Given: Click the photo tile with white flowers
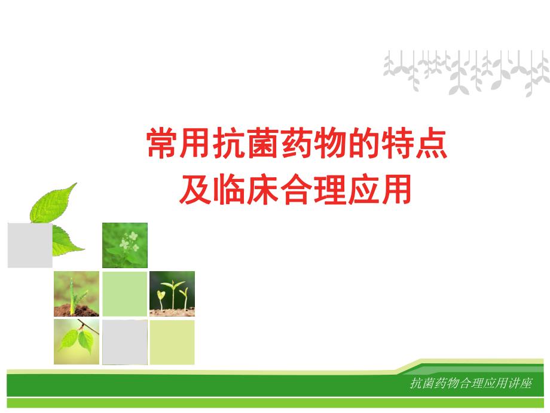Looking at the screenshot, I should pyautogui.click(x=124, y=245).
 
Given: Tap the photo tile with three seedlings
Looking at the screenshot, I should pyautogui.click(x=172, y=293).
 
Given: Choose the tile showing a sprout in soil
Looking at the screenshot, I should pyautogui.click(x=77, y=293).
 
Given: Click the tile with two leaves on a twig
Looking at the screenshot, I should pyautogui.click(x=77, y=342).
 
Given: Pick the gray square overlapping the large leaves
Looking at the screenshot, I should pyautogui.click(x=29, y=244).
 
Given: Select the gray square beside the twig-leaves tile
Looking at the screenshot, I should pyautogui.click(x=124, y=342).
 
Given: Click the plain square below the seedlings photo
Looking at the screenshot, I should pyautogui.click(x=172, y=342).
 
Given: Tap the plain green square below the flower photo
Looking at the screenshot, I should pyautogui.click(x=124, y=293).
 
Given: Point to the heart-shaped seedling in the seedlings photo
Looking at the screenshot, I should pyautogui.click(x=160, y=295).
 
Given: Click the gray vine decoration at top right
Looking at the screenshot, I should pyautogui.click(x=466, y=72).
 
